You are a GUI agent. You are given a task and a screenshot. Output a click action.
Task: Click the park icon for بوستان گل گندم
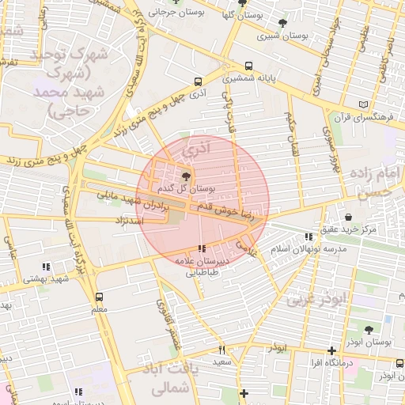[186, 176]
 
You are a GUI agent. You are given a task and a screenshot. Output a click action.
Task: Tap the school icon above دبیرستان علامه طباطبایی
[202, 248]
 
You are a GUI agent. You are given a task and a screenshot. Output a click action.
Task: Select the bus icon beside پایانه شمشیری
[249, 67]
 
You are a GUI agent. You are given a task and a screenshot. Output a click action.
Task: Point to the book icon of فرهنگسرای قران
[363, 105]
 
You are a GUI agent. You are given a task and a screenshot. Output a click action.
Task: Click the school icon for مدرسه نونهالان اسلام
[308, 237]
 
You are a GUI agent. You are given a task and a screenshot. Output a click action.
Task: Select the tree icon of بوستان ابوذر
[369, 329]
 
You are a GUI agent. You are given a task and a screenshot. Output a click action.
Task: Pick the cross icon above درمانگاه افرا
[331, 350]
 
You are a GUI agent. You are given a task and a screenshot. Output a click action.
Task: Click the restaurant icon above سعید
[221, 350]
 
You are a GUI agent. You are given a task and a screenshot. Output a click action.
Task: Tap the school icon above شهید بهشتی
[46, 267]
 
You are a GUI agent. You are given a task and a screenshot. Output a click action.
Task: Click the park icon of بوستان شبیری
[283, 24]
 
